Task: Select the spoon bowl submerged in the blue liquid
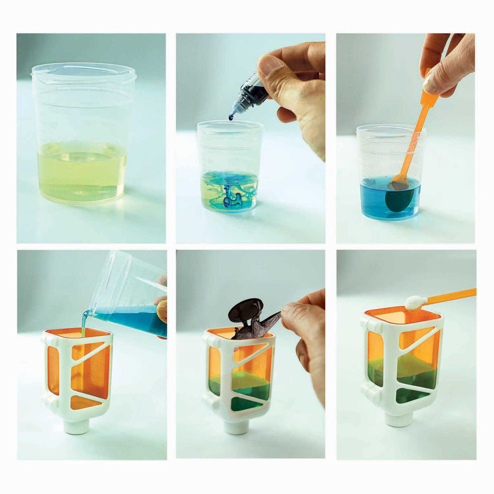click(x=399, y=199)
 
